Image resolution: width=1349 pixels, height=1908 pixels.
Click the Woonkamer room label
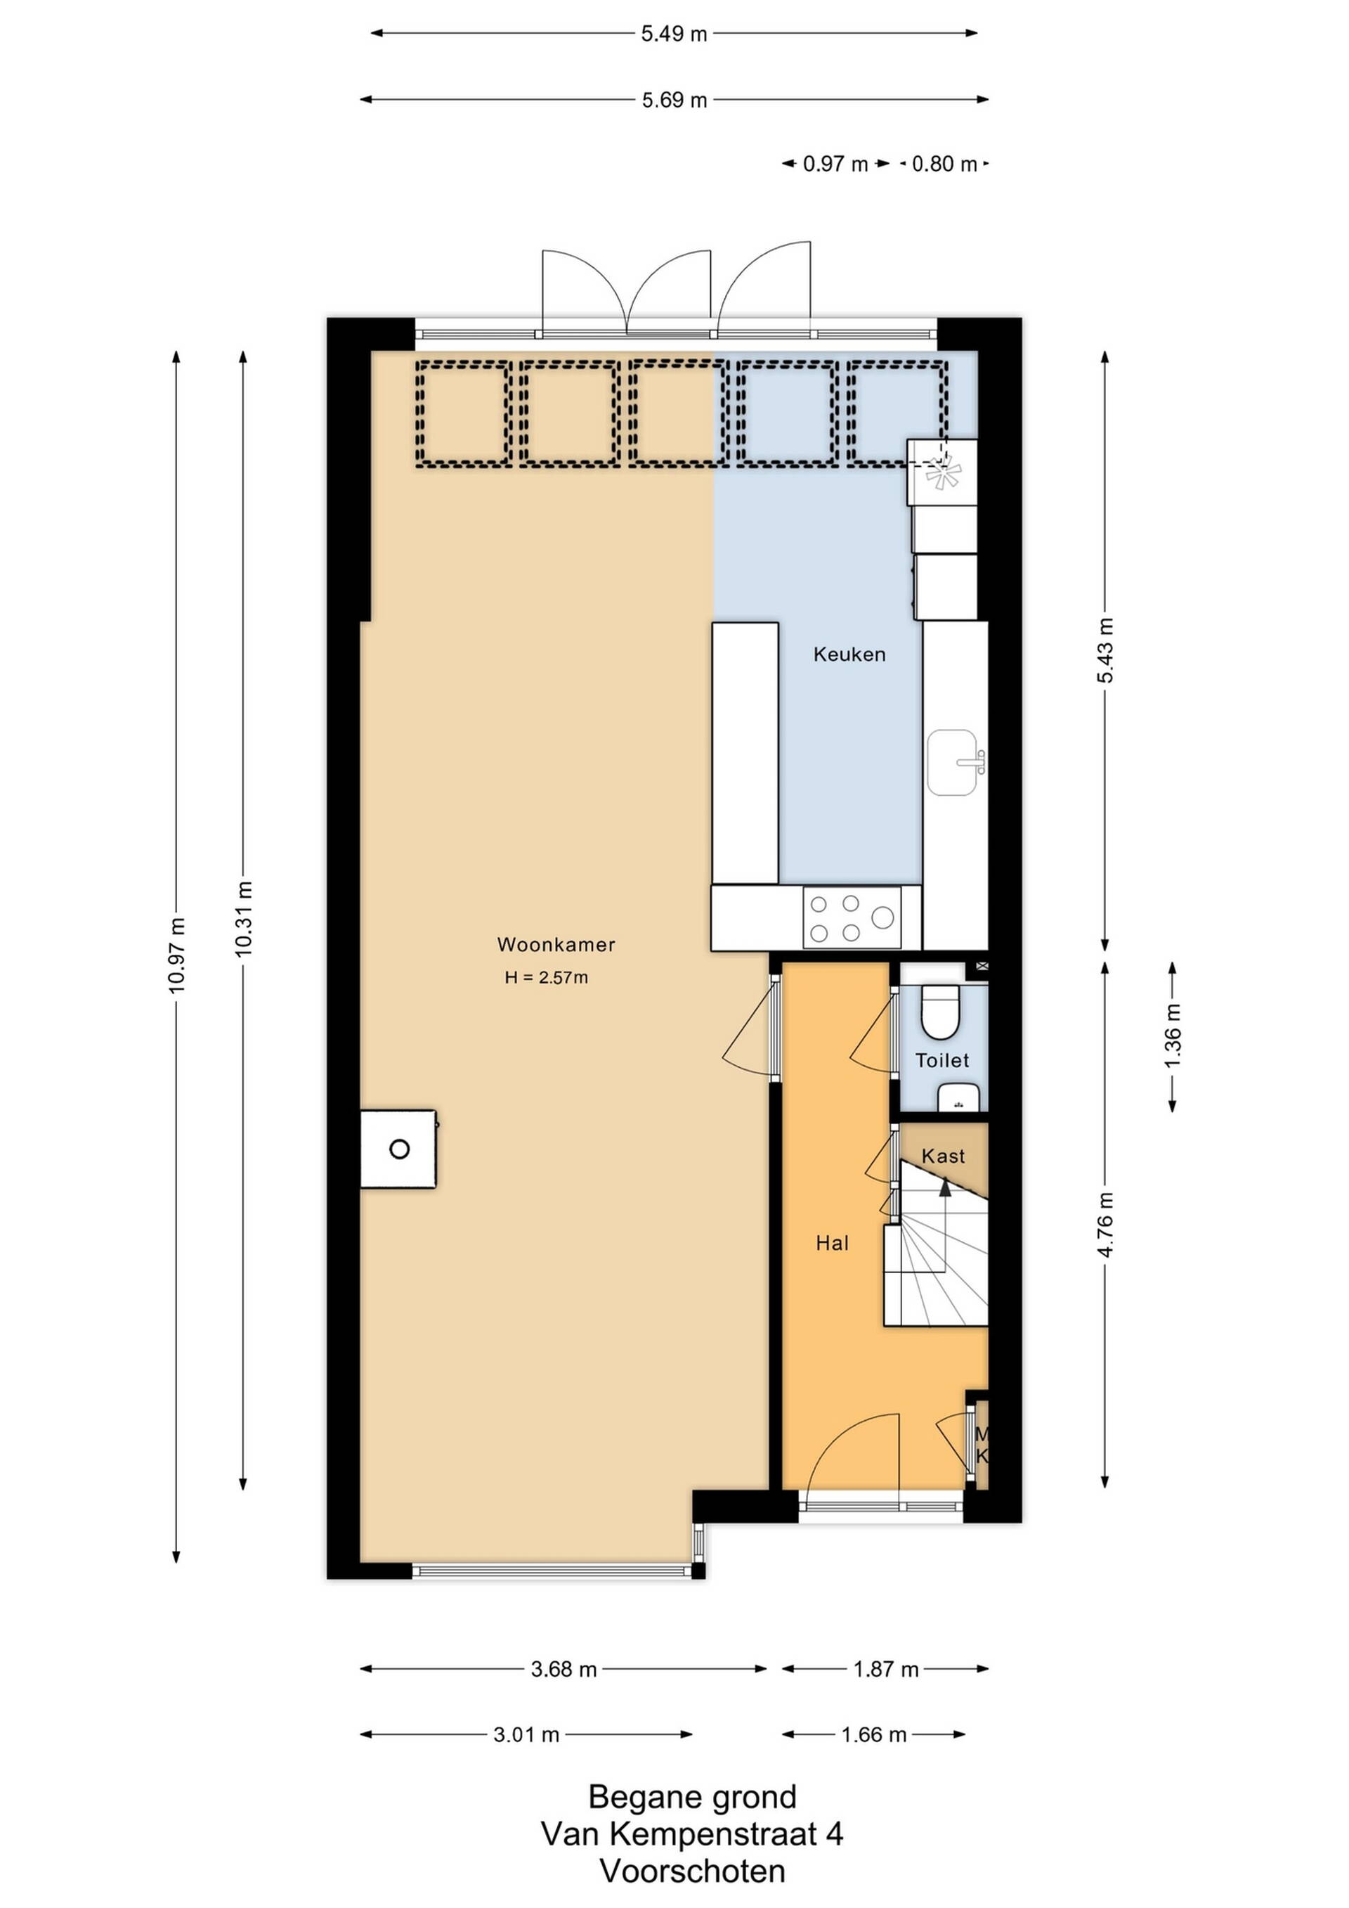coord(556,944)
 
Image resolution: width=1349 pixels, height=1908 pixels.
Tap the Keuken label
coord(849,654)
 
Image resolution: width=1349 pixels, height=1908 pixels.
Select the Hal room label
coord(833,1242)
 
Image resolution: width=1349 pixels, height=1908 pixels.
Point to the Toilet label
coord(942,1059)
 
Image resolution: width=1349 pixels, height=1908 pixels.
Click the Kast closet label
coord(943,1155)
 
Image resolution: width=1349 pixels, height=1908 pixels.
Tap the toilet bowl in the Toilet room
coord(940,1013)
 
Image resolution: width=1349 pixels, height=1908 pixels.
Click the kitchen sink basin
coord(953,762)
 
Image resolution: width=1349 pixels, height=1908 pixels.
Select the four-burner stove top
coord(852,917)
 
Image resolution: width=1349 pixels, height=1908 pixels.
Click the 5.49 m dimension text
coord(674,34)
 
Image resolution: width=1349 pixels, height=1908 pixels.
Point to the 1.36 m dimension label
coord(1172,1036)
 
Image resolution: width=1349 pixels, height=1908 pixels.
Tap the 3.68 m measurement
coord(564,1670)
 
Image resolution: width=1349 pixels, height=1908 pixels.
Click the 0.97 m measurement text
coord(835,164)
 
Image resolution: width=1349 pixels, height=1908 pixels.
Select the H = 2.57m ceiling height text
coord(546,977)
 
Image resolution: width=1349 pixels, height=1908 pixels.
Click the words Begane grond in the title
coord(692,1798)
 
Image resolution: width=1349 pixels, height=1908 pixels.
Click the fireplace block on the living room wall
coord(398,1149)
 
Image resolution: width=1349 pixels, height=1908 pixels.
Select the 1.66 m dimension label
coord(873,1735)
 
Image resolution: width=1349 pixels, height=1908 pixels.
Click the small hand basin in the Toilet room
coord(958,1099)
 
